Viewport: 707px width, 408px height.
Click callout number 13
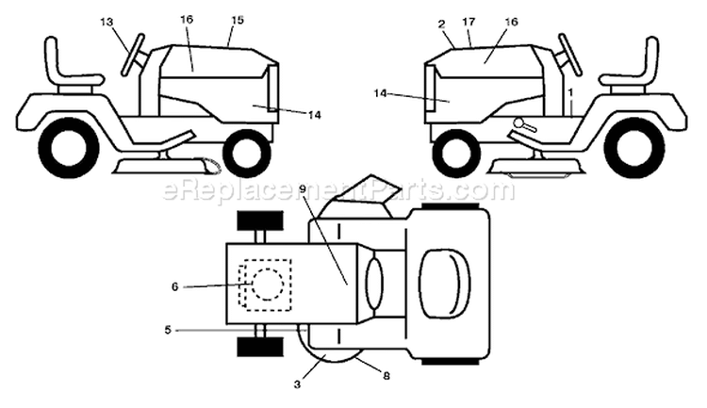point(107,22)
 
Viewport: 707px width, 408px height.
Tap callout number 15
point(238,21)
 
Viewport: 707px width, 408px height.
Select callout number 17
point(469,22)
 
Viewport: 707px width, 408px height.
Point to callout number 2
point(441,24)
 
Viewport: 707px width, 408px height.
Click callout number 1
point(571,92)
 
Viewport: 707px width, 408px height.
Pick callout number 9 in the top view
point(303,189)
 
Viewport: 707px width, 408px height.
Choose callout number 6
point(175,286)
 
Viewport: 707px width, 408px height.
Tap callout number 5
point(168,330)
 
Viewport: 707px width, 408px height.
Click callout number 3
point(297,384)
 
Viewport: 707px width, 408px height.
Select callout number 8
point(386,376)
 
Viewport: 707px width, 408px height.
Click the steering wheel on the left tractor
point(133,55)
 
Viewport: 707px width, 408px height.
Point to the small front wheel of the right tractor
point(459,153)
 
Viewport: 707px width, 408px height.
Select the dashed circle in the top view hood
point(269,285)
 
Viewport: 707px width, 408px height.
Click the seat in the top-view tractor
point(445,283)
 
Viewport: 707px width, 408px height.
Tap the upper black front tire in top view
point(260,220)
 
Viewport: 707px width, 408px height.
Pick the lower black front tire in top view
point(260,347)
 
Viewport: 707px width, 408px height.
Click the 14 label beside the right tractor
point(380,93)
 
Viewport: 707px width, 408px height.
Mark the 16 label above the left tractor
point(188,20)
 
